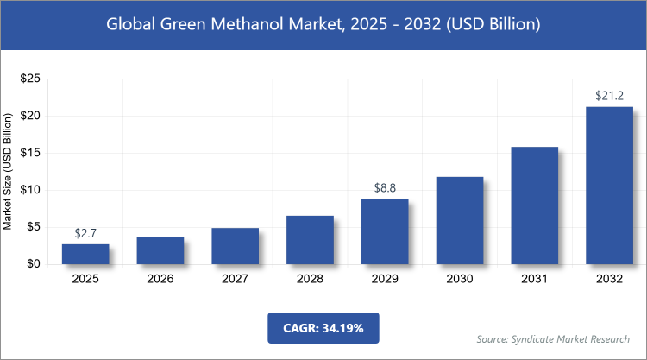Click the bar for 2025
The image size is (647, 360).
[x=85, y=254]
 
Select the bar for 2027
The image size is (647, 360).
[x=235, y=246]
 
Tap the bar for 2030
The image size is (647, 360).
[x=460, y=220]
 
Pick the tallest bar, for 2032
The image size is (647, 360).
[x=609, y=186]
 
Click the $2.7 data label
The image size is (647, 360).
[x=85, y=233]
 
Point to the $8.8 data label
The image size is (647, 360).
[x=385, y=187]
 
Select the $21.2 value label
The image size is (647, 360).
[x=609, y=95]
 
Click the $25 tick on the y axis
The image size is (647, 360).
[x=29, y=79]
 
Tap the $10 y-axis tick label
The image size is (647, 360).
[x=29, y=190]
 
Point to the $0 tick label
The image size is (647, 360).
[x=33, y=264]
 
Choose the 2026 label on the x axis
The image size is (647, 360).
[x=160, y=280]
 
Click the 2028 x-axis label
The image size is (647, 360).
[x=310, y=280]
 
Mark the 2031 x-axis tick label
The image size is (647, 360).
[x=535, y=280]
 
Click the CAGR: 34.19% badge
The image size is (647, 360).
[x=323, y=329]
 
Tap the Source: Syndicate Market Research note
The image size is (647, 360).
[x=554, y=338]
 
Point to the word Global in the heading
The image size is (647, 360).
[x=131, y=25]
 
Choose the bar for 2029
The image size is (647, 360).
[x=385, y=231]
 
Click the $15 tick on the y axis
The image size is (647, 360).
[x=29, y=153]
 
